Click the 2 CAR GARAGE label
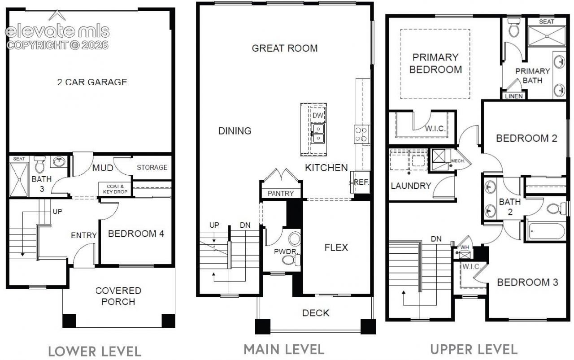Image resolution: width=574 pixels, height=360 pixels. (92, 82)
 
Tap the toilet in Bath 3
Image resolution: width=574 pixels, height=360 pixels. (39, 164)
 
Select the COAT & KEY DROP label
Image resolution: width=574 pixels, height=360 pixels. (115, 189)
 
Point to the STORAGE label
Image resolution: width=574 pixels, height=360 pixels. (152, 168)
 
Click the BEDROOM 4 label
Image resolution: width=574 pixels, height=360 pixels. (136, 234)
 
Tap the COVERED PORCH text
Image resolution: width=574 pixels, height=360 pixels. (118, 296)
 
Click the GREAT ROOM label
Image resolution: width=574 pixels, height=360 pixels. (285, 48)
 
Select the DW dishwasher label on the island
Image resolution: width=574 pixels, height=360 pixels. (318, 116)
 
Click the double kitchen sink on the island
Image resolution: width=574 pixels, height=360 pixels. (318, 134)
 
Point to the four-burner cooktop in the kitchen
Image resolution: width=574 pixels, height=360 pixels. (361, 134)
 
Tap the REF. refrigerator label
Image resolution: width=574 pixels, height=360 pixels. (361, 182)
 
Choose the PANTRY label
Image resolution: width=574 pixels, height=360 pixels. (281, 194)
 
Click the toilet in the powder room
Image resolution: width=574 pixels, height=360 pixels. (291, 260)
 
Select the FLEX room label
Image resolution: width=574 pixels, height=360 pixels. (336, 247)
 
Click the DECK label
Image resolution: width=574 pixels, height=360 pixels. (316, 313)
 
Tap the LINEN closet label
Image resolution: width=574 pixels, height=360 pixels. (514, 96)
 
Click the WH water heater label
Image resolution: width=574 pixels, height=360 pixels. (465, 247)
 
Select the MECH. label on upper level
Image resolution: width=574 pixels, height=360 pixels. (458, 161)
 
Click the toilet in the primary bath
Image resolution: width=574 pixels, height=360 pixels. (514, 28)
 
